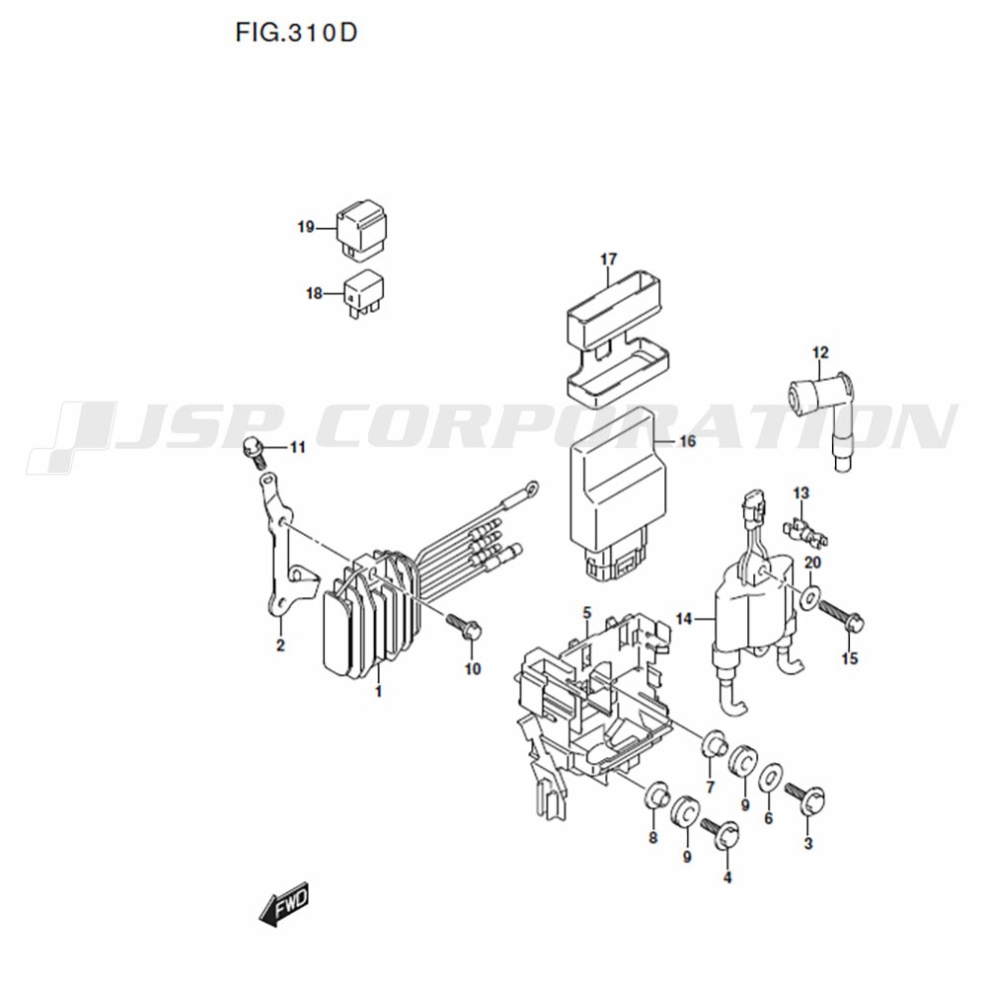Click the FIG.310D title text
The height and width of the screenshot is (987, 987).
[296, 33]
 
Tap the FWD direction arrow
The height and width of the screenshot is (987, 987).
[284, 904]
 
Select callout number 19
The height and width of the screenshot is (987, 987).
[306, 227]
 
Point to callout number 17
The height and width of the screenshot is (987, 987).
[609, 260]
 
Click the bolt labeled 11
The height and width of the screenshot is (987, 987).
[253, 452]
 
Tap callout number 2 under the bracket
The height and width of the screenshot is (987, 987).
[280, 645]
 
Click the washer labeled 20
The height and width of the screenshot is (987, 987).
[810, 597]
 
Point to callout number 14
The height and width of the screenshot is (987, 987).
[684, 620]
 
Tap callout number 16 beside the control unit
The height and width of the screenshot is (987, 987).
[688, 441]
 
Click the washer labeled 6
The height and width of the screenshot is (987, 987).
[770, 780]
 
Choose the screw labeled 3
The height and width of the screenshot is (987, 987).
[806, 798]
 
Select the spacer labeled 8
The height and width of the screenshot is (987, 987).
[656, 796]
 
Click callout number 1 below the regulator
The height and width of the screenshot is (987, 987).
[378, 692]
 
